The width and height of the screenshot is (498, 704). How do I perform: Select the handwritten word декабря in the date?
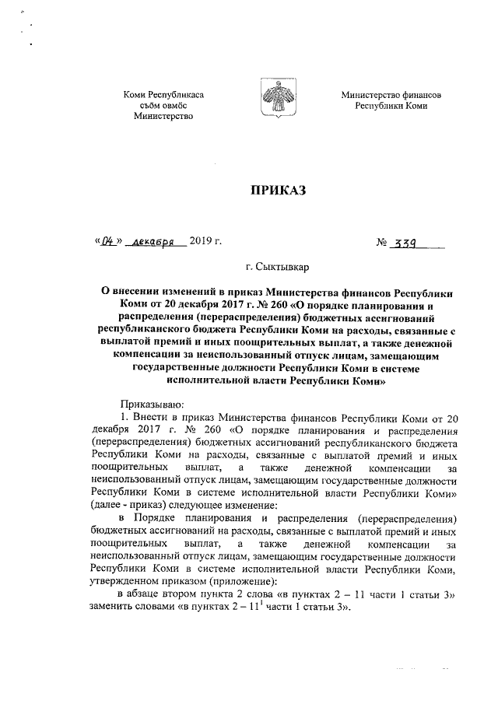click(154, 243)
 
